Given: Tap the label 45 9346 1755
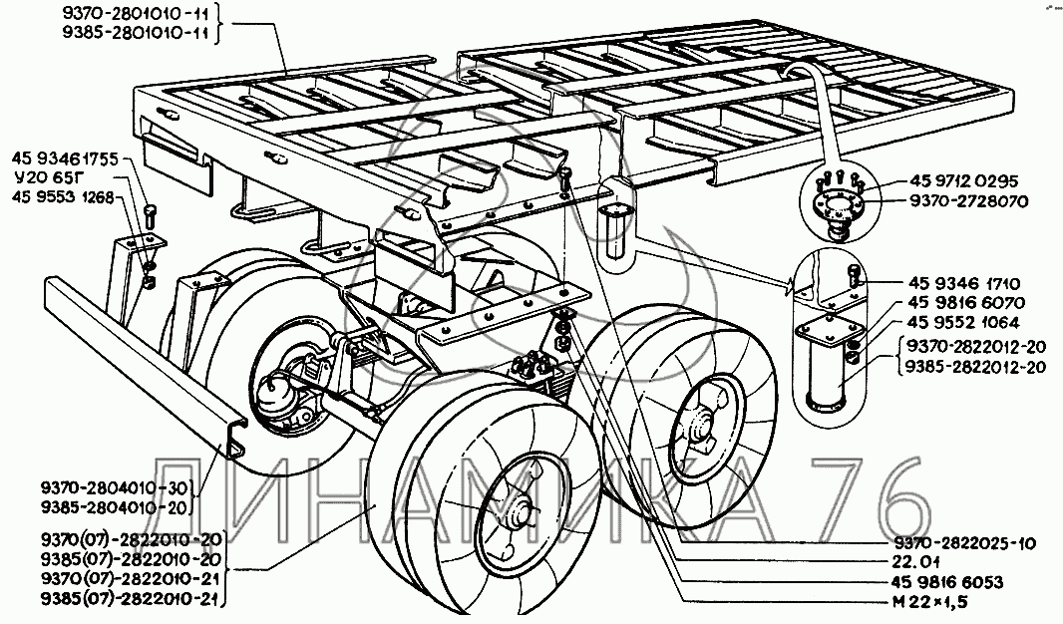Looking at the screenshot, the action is click(x=65, y=159).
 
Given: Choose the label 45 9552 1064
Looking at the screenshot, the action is click(x=964, y=323).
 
